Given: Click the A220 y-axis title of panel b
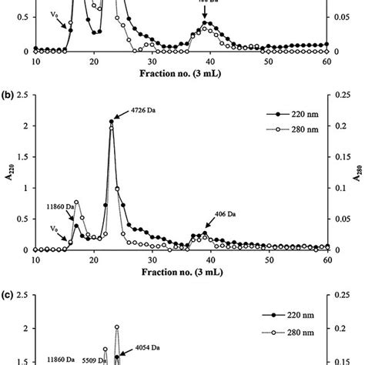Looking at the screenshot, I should (x=9, y=179).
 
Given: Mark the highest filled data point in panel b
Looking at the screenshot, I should (x=112, y=122).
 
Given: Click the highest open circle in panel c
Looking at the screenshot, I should (x=117, y=327).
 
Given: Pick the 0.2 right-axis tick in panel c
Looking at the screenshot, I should (x=344, y=329).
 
